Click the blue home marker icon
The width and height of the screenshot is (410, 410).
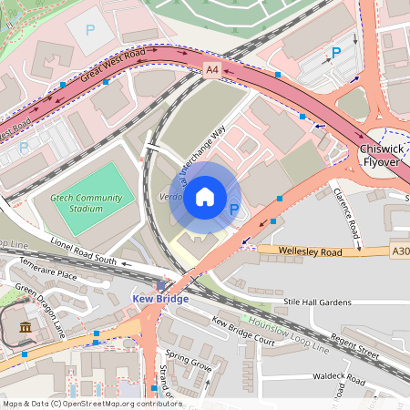click(x=205, y=196)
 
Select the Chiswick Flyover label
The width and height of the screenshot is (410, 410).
click(x=380, y=155)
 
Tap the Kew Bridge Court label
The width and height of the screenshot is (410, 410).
click(x=242, y=327)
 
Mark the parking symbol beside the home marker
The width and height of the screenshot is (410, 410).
click(x=234, y=210)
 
